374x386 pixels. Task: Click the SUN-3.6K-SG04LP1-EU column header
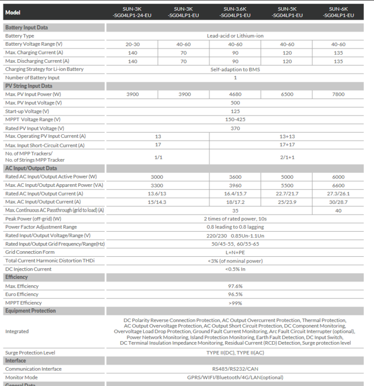(235, 12)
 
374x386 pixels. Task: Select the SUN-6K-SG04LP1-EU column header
(338, 12)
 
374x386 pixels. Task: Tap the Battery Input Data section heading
(26, 27)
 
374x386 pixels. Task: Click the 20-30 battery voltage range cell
(132, 44)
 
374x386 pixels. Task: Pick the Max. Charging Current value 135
(338, 52)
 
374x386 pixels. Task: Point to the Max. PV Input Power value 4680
(235, 94)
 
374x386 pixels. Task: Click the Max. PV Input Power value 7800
(338, 94)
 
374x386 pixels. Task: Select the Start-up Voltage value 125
(235, 111)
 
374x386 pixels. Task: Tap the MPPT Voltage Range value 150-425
(235, 119)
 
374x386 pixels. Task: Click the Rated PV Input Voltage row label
(34, 128)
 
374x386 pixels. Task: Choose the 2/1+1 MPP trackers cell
(287, 157)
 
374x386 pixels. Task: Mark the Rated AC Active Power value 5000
(287, 177)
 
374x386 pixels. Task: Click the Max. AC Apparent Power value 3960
(235, 185)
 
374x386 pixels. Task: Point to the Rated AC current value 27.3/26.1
(338, 194)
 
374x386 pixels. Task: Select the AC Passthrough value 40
(338, 210)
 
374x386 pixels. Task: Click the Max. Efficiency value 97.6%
(235, 286)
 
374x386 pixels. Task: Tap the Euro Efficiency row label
(22, 294)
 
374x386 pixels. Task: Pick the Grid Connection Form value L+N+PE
(235, 252)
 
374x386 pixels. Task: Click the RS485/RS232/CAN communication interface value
(235, 369)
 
